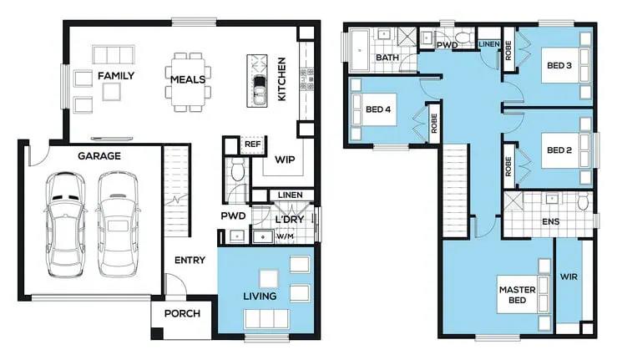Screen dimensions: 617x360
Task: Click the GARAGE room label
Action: (99, 156)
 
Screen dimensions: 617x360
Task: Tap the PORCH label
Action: (182, 313)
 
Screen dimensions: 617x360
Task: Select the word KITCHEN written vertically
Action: (281, 79)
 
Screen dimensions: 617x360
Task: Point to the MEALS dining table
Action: (188, 82)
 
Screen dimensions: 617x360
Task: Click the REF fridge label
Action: (253, 145)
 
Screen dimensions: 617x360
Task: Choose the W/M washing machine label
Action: (285, 236)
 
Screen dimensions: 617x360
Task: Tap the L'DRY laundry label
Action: (289, 220)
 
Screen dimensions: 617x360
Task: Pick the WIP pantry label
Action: (285, 160)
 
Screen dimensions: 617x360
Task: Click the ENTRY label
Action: (190, 260)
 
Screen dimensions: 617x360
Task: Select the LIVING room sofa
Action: (267, 319)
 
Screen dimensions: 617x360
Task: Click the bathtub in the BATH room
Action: (359, 50)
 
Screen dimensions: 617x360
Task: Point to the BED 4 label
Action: (378, 109)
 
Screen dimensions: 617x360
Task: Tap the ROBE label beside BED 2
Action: (508, 166)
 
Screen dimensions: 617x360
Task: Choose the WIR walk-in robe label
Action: (569, 277)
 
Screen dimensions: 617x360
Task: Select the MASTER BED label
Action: (517, 295)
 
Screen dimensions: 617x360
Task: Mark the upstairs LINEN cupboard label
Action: (488, 44)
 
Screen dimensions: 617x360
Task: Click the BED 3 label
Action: (559, 65)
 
